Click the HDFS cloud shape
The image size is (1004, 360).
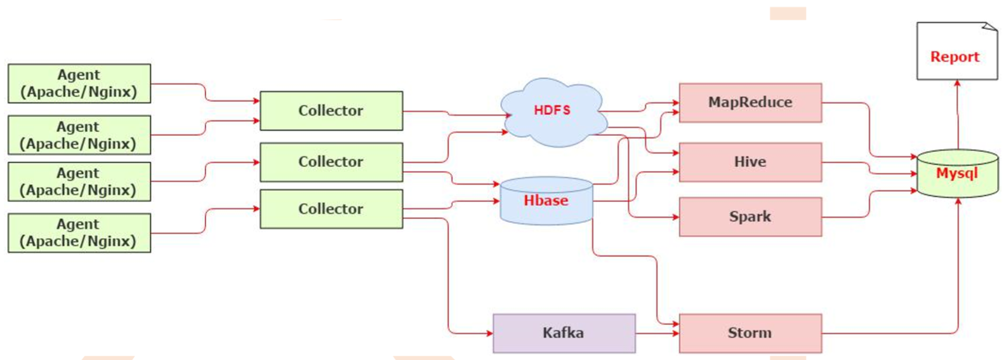[x=552, y=111]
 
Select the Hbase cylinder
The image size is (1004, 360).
[x=546, y=201]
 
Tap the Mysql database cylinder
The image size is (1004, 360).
[x=957, y=174]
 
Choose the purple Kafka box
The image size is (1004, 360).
[x=564, y=333]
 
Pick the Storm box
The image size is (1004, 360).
[x=750, y=333]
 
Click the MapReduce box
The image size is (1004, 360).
[x=750, y=102]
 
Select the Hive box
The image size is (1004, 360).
[x=750, y=162]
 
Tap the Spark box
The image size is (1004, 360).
[x=750, y=217]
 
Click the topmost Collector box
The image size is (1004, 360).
[x=331, y=110]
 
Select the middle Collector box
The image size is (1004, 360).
[x=331, y=162]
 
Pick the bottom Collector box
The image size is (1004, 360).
[x=331, y=209]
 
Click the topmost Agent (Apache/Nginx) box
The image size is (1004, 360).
[x=79, y=83]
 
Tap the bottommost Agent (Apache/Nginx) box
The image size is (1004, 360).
[x=79, y=233]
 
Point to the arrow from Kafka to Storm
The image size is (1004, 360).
[x=657, y=333]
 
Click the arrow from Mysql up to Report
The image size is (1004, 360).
[x=957, y=114]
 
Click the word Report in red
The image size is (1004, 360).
[x=954, y=57]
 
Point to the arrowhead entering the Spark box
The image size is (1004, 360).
[x=675, y=217]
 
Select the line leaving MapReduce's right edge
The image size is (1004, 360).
[x=844, y=103]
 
